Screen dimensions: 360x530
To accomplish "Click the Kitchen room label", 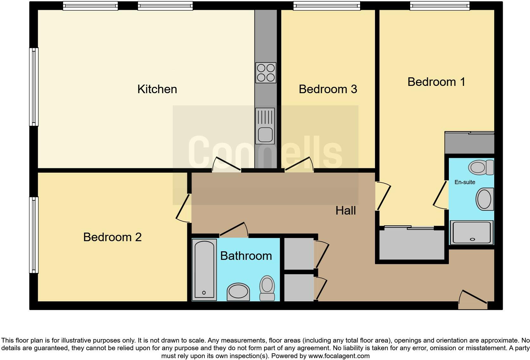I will [157, 89].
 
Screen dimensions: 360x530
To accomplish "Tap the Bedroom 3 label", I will [328, 89].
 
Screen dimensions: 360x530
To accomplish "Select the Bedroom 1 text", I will [436, 82].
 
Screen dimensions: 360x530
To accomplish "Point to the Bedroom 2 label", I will [112, 237].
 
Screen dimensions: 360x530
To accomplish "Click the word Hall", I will [346, 210].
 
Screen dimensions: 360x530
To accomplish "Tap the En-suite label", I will [465, 182].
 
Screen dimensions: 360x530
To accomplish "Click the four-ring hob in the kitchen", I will [266, 73].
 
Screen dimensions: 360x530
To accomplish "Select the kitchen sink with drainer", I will [265, 126].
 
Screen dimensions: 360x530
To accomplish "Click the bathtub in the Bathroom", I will [204, 269].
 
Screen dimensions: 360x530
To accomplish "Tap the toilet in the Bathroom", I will [267, 288].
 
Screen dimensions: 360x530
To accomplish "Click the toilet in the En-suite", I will [481, 167].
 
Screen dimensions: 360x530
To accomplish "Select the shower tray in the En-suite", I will [472, 233].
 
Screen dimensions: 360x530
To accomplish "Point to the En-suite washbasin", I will [485, 199].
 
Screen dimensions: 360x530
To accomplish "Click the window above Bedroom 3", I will [326, 5].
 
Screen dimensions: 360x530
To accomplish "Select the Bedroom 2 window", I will [34, 235].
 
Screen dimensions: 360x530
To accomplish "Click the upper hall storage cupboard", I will [299, 254].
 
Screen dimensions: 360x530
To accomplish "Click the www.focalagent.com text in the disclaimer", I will [339, 356].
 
